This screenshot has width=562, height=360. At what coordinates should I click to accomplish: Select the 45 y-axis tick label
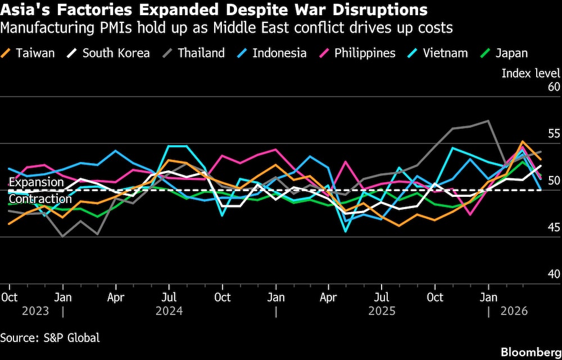554,227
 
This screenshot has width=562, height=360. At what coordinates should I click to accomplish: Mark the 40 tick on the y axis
554,274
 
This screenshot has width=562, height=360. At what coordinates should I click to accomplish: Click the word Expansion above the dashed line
37,182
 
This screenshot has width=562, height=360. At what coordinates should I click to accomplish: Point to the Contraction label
40,199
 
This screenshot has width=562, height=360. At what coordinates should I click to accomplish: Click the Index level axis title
531,73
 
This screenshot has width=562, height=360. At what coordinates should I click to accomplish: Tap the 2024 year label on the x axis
169,310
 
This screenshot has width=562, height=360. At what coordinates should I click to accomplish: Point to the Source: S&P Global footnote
50,337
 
